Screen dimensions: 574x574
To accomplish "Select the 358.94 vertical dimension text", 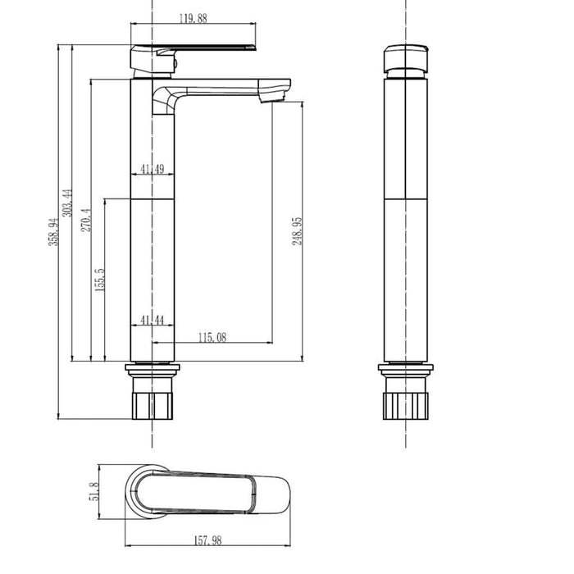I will pos(54,232).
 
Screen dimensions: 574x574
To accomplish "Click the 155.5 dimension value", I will pos(100,279).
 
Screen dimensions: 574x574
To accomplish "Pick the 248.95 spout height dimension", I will pos(298,230).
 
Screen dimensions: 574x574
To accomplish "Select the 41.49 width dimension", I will pos(152,169).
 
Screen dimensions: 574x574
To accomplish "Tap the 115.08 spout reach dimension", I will pos(212,336).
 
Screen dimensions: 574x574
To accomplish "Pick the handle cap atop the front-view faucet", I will pos(406,58).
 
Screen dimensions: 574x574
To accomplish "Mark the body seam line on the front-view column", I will pos(406,199).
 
